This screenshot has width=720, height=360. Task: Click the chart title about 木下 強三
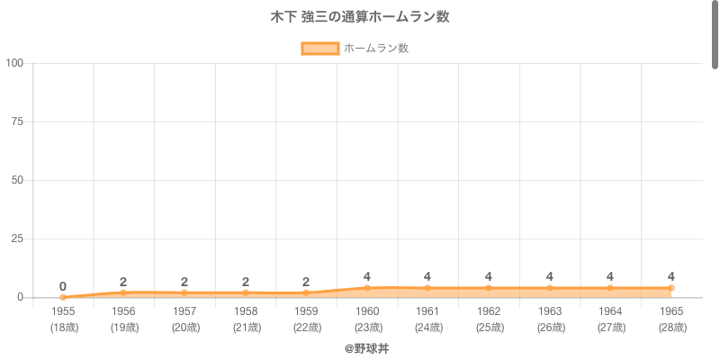click(360, 17)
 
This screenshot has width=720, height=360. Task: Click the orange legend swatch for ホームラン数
click(319, 49)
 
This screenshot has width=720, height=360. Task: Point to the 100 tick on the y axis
click(14, 63)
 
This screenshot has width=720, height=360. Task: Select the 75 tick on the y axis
click(17, 121)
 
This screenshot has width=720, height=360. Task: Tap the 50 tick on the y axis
click(17, 180)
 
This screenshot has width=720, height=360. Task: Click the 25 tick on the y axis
click(17, 238)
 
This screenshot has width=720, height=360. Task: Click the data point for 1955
click(63, 297)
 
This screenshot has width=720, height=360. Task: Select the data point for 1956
click(123, 292)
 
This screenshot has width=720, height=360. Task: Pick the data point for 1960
click(367, 288)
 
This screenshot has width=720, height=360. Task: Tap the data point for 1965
click(671, 288)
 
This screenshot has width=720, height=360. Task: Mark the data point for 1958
click(246, 292)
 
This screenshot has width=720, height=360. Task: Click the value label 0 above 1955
click(63, 286)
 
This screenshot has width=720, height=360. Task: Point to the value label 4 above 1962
click(489, 276)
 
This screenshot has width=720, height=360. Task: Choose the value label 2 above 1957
click(184, 282)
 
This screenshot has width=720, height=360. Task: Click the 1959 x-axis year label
click(306, 311)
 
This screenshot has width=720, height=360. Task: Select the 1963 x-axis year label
click(550, 311)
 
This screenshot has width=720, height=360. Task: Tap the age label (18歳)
click(63, 328)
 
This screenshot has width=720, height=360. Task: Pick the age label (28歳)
click(671, 328)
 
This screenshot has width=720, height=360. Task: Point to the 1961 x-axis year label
click(427, 311)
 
